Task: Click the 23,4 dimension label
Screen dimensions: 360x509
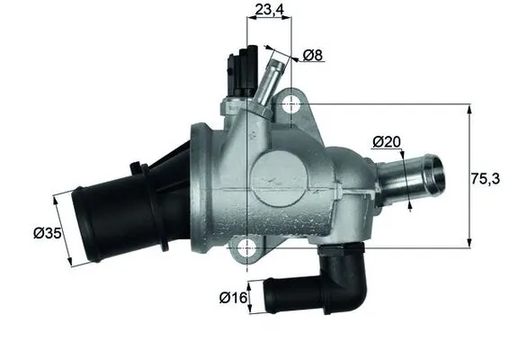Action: coord(266,11)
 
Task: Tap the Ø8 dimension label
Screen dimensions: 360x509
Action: coord(312,56)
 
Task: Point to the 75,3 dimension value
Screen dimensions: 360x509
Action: coord(487,178)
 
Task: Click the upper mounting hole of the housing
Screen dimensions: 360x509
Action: coord(290,105)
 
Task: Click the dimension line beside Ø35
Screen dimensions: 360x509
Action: coord(65,229)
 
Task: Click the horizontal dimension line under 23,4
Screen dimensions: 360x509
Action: coord(267,23)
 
